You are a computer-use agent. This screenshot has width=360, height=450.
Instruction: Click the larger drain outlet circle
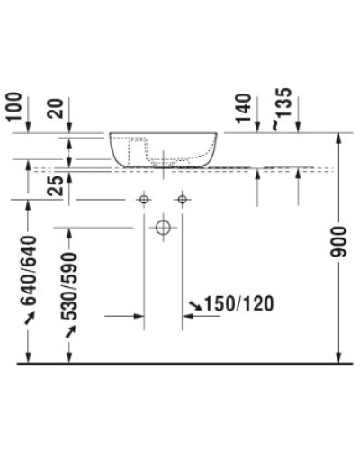pyautogui.click(x=163, y=228)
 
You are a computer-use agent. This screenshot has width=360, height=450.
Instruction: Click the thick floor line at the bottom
pyautogui.click(x=180, y=363)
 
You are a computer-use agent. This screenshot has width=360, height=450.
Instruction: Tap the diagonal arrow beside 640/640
pyautogui.click(x=30, y=319)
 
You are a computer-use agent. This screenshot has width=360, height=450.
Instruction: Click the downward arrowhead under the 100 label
pyautogui.click(x=31, y=129)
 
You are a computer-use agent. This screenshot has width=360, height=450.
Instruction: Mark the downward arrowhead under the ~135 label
pyautogui.click(x=298, y=129)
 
